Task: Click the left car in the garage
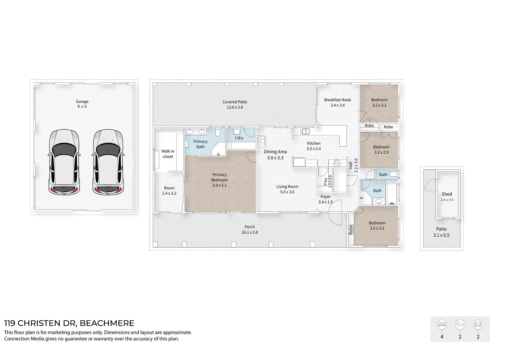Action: [x=64, y=162]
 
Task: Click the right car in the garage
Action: [x=108, y=162]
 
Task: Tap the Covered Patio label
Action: [x=235, y=102]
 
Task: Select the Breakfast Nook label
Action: [x=337, y=100]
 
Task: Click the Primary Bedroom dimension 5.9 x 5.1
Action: [x=219, y=185]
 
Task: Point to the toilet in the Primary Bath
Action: [x=218, y=133]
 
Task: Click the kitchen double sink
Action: [x=305, y=132]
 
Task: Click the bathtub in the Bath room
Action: [x=392, y=193]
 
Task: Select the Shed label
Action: [x=447, y=194]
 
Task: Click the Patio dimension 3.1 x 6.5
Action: [x=441, y=235]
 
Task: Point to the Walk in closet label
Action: [x=168, y=154]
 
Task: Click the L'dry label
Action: [x=239, y=138]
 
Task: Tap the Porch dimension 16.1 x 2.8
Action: [x=250, y=232]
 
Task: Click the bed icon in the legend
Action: [x=442, y=324]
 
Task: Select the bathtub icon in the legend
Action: [x=460, y=324]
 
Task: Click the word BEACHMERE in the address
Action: [x=107, y=323]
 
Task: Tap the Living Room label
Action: [x=287, y=187]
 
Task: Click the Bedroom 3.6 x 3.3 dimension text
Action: [x=377, y=228]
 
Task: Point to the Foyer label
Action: [x=325, y=197]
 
